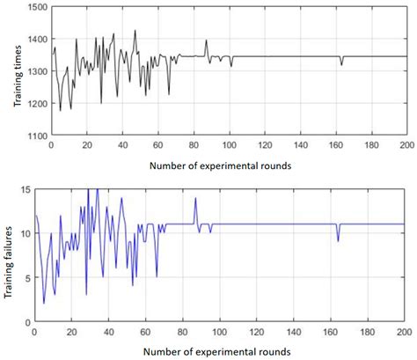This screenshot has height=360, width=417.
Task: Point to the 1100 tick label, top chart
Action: tap(38, 136)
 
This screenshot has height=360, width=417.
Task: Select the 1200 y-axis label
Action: tap(38, 104)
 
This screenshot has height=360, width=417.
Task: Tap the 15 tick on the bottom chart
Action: tap(25, 189)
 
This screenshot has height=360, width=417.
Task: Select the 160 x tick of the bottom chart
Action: tap(328, 331)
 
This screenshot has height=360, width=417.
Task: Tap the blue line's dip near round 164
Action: tap(338, 240)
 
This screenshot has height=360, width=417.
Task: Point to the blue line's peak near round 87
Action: tap(195, 198)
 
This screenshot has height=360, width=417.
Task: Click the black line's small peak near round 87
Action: tap(206, 40)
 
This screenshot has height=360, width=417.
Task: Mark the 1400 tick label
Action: tap(38, 40)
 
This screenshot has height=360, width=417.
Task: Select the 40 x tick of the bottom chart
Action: tap(108, 331)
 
